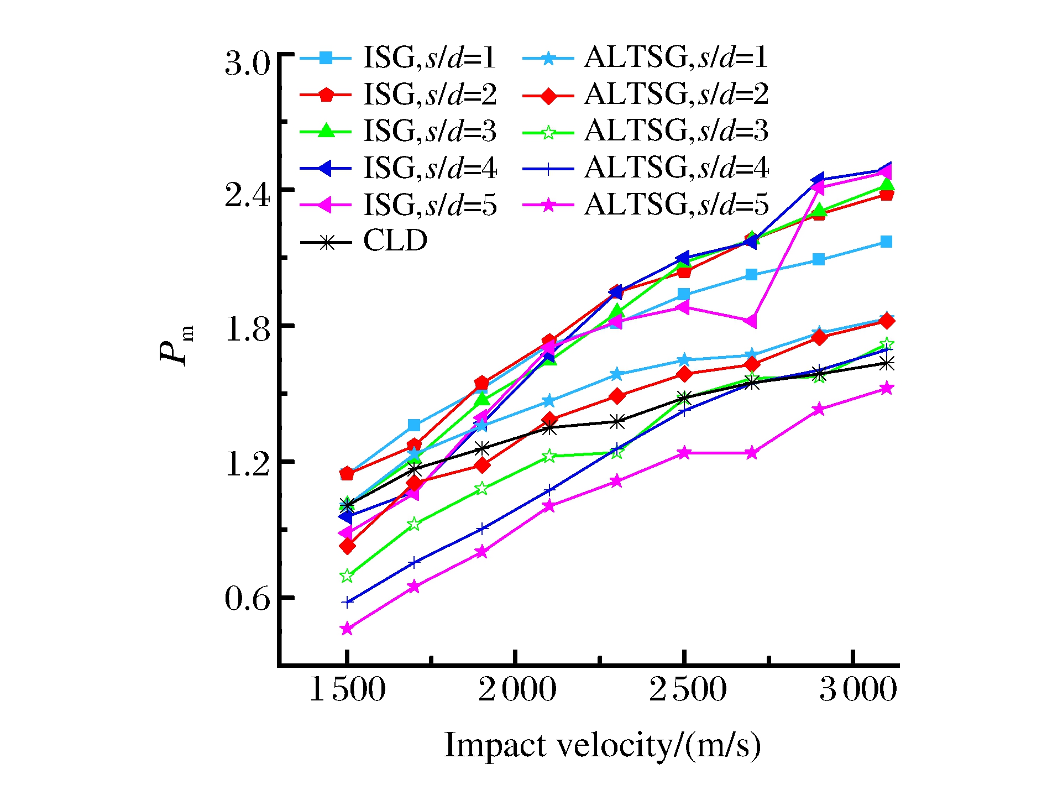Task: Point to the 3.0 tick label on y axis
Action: (x=247, y=64)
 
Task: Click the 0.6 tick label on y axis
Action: (x=247, y=599)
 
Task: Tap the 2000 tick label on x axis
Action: (x=517, y=690)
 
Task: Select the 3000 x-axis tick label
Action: (x=857, y=690)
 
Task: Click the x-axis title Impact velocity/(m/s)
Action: (x=603, y=745)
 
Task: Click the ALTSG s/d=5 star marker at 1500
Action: (x=347, y=629)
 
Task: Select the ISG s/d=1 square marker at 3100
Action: (x=886, y=242)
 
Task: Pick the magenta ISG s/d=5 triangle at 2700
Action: (x=751, y=321)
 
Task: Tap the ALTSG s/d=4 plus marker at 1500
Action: (x=347, y=602)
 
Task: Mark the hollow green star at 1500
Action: (x=347, y=576)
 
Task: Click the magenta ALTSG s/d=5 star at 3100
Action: (x=886, y=389)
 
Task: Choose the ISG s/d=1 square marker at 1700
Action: (x=414, y=425)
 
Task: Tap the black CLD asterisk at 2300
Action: (x=617, y=422)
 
